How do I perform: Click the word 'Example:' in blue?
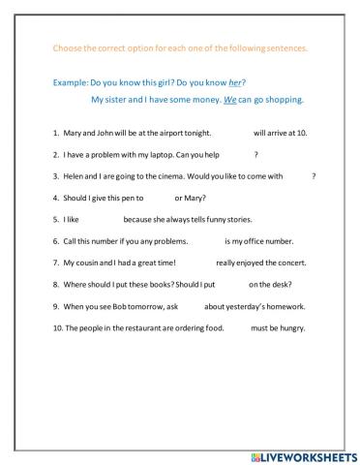(x=63, y=83)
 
